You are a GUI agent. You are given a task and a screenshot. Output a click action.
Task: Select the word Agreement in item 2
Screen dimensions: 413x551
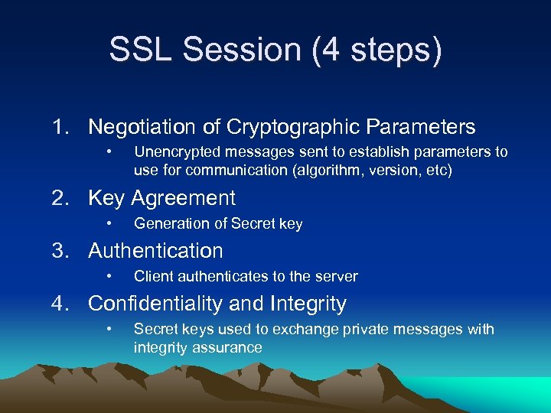(x=184, y=198)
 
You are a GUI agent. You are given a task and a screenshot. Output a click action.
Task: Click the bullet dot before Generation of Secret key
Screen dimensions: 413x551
(x=110, y=223)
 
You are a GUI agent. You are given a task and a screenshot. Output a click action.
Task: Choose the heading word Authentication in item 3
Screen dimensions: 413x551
(x=155, y=251)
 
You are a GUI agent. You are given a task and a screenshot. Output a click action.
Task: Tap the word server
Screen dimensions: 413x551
(x=337, y=276)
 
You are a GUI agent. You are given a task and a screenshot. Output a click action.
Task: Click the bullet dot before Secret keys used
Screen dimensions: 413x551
(x=110, y=329)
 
